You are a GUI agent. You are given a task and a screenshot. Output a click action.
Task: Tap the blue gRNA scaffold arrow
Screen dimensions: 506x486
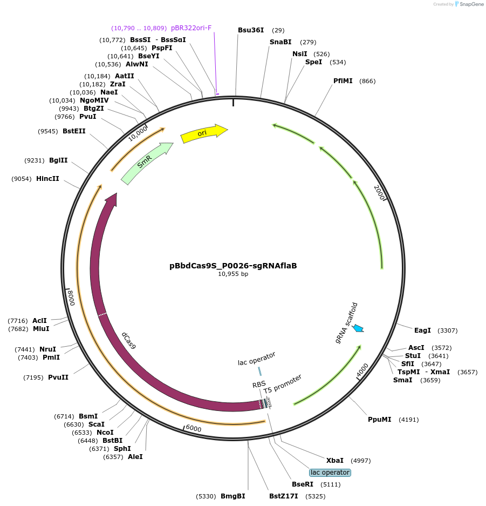pos(358,328)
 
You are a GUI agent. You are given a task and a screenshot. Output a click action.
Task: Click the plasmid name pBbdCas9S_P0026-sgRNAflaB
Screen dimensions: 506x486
pos(233,266)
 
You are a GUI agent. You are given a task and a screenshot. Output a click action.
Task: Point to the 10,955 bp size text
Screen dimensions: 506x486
pos(233,274)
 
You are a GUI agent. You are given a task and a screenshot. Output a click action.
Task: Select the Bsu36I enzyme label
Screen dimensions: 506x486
pos(251,30)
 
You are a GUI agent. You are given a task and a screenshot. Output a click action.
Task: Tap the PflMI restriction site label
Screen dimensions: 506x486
pos(343,81)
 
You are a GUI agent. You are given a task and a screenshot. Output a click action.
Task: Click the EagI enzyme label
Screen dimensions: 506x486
pos(422,330)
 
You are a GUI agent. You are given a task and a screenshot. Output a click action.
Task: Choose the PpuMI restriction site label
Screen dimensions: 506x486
pos(379,420)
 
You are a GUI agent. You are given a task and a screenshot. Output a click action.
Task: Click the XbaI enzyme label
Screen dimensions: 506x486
pos(334,461)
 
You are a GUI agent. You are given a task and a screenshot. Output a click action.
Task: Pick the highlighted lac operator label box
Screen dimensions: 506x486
pos(330,473)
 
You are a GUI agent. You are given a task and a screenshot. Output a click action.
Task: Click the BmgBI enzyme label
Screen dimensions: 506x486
pos(233,496)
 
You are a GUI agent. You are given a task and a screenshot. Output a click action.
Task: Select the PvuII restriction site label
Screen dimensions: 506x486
pos(58,377)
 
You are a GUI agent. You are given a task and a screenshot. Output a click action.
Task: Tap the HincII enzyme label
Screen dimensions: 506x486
pos(47,179)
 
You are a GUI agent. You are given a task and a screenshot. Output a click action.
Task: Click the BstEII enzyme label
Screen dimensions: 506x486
pos(74,131)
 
